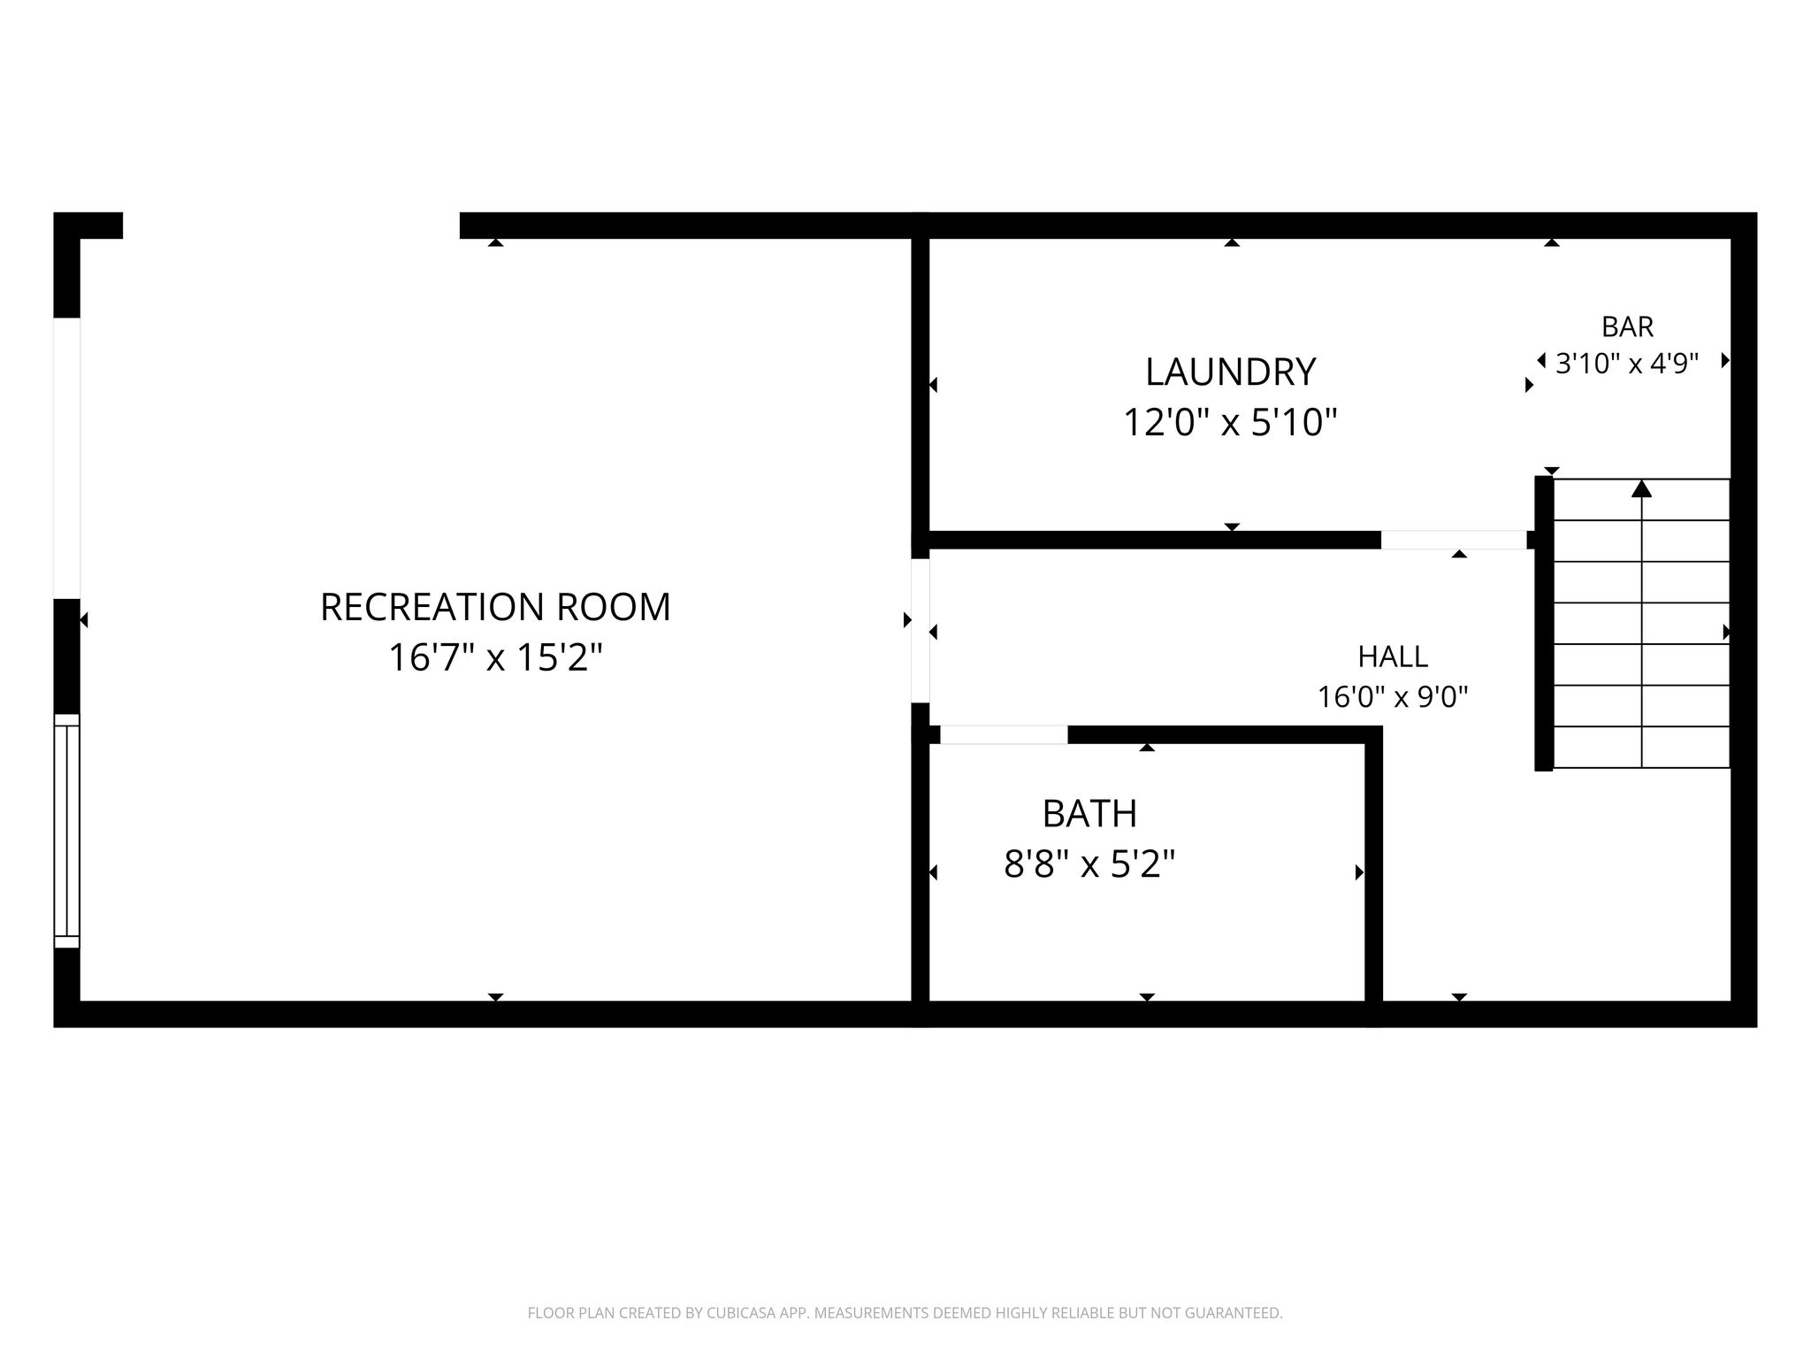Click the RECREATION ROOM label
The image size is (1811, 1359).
[495, 607]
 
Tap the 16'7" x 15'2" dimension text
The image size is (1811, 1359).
[495, 657]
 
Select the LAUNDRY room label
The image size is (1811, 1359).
[1230, 372]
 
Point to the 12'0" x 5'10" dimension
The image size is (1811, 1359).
[1230, 422]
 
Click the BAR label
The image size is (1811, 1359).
[1627, 326]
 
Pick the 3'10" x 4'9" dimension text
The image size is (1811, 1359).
[1627, 364]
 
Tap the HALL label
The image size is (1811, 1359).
[1393, 656]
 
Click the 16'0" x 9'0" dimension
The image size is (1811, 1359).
[1393, 697]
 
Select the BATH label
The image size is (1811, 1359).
[1089, 814]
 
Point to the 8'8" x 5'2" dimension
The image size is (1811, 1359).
[1089, 864]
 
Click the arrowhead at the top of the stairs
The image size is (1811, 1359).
[1641, 488]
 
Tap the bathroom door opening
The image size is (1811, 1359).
[1004, 734]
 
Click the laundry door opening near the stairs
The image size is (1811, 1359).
[1454, 540]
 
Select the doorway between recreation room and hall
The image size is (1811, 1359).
[920, 631]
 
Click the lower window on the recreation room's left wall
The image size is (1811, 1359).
[67, 831]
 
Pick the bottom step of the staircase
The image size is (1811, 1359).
[1641, 748]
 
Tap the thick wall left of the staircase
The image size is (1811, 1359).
[1543, 624]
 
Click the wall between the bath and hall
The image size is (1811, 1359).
[1372, 871]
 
